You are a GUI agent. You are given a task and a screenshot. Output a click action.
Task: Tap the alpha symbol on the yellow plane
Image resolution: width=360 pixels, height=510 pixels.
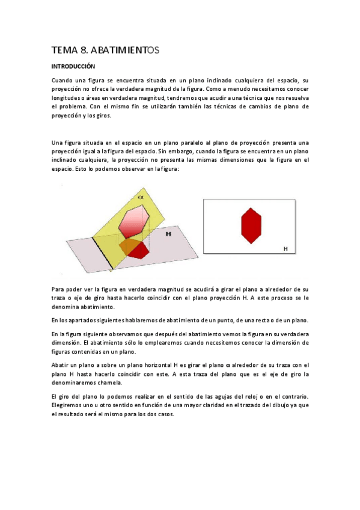click(140, 197)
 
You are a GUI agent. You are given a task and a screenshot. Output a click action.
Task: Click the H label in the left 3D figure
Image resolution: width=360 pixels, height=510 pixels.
click(168, 235)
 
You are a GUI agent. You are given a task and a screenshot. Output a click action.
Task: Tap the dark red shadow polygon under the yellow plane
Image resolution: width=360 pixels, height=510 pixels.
click(138, 250)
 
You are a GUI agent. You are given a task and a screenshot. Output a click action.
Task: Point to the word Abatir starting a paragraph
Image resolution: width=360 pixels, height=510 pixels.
click(61, 364)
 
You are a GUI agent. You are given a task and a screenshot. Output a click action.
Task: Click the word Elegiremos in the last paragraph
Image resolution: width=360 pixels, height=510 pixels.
click(69, 405)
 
